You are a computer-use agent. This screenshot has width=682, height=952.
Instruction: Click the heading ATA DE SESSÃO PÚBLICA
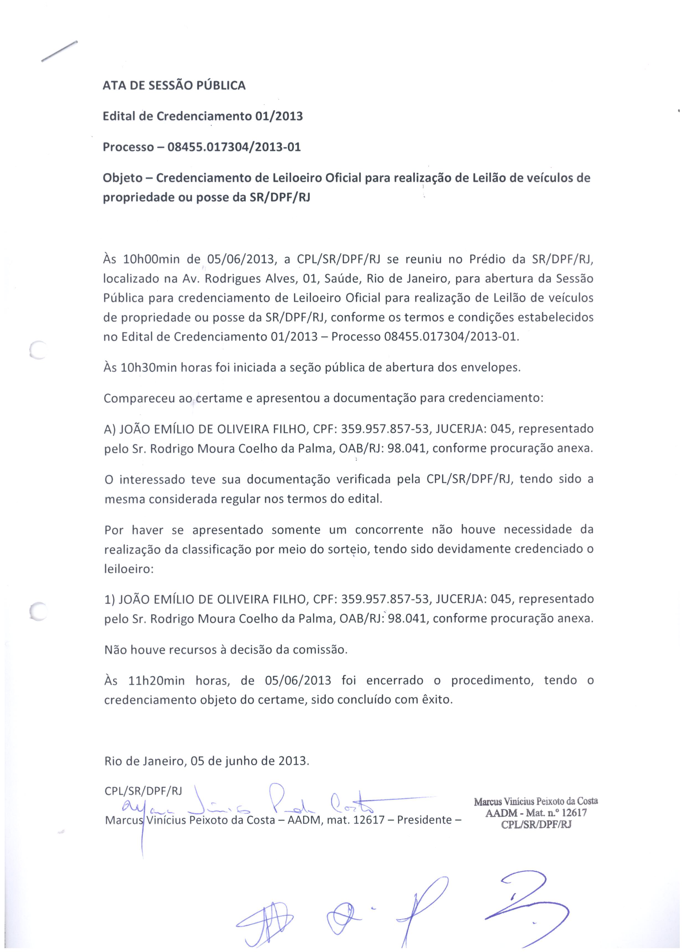coord(174,86)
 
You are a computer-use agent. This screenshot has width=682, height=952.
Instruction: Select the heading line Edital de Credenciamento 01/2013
coord(203,116)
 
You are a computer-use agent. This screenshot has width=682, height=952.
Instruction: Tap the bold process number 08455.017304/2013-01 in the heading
coord(234,147)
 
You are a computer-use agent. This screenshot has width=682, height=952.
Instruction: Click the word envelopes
coord(491,368)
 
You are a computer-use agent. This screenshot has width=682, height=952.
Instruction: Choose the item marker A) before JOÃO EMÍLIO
coord(110,429)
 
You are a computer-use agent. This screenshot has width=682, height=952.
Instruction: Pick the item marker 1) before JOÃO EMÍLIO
coord(110,599)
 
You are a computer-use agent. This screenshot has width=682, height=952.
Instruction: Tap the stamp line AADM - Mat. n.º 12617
coord(536,813)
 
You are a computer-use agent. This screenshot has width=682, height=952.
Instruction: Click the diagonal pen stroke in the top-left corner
coord(59,51)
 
